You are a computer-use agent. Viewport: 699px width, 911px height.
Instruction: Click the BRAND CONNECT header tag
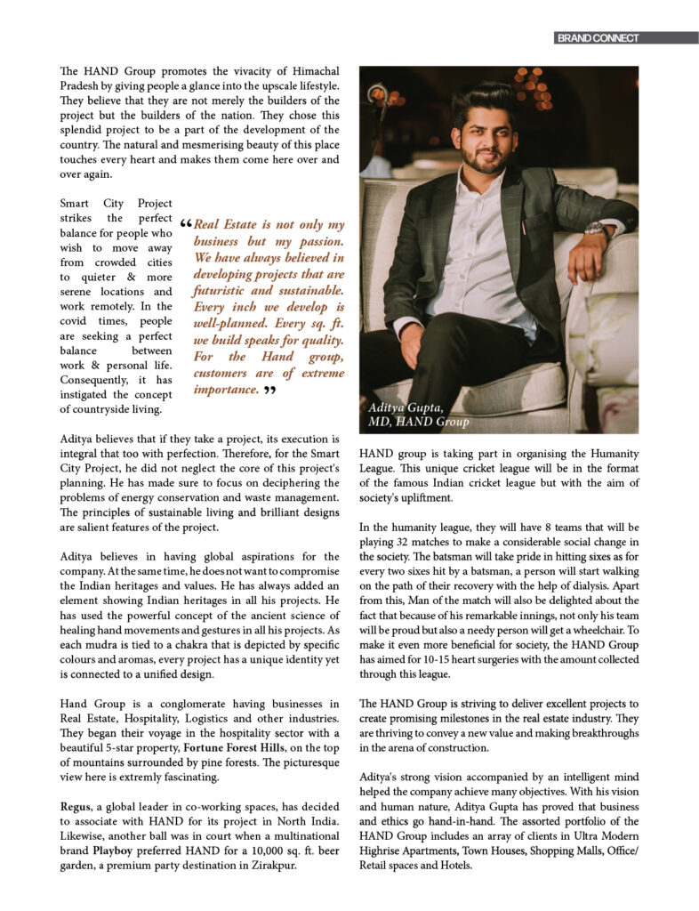click(x=598, y=38)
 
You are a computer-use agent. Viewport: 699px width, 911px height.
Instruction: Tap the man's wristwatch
click(x=595, y=230)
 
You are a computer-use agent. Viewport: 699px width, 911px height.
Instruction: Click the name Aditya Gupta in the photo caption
click(x=406, y=407)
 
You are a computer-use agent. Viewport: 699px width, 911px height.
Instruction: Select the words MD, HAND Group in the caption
click(x=418, y=422)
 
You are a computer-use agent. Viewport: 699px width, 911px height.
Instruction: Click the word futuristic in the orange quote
click(x=222, y=291)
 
